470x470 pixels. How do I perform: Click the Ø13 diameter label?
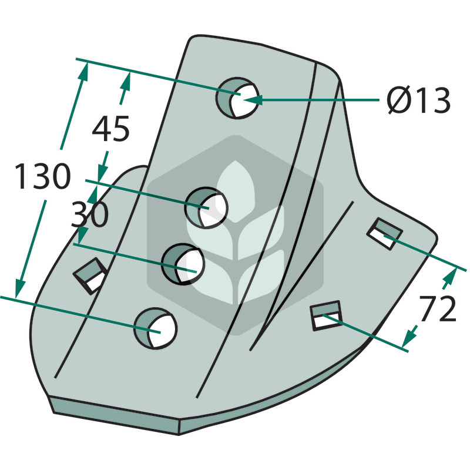418,100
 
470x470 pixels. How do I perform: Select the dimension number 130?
42,176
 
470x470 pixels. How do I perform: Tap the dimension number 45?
111,129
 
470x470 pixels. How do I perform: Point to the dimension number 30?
89,214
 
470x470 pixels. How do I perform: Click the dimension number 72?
437,308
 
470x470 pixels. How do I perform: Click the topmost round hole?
237,98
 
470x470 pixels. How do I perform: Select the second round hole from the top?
206,208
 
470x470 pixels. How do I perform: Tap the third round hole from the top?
183,264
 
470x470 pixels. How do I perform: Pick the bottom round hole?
155,328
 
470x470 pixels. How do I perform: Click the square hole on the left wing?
90,276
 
